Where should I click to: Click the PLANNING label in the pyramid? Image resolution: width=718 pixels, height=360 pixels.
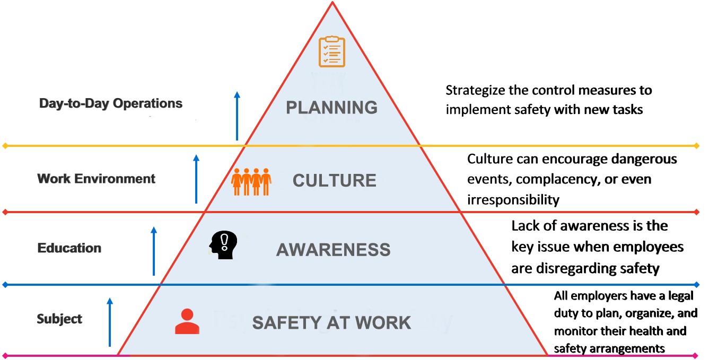click(331, 108)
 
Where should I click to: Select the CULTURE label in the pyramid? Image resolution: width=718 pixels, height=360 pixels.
click(334, 180)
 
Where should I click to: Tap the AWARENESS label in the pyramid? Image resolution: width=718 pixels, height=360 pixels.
click(333, 250)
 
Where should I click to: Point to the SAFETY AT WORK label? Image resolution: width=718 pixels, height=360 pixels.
click(331, 322)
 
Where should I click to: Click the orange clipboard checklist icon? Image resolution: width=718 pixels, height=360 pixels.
click(331, 51)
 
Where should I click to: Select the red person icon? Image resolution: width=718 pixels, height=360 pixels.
click(187, 321)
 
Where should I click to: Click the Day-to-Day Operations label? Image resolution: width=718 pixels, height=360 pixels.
click(111, 103)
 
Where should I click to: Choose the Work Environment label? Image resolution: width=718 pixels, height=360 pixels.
click(97, 179)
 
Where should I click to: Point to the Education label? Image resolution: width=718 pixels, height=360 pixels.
click(69, 248)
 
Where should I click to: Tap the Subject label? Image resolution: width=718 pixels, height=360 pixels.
click(59, 319)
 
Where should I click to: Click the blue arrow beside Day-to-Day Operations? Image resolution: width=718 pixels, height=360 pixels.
click(237, 116)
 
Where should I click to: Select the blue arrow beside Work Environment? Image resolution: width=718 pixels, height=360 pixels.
click(196, 179)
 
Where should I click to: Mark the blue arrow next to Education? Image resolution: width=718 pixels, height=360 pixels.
click(154, 251)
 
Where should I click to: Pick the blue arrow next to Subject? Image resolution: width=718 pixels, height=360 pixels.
click(110, 322)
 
